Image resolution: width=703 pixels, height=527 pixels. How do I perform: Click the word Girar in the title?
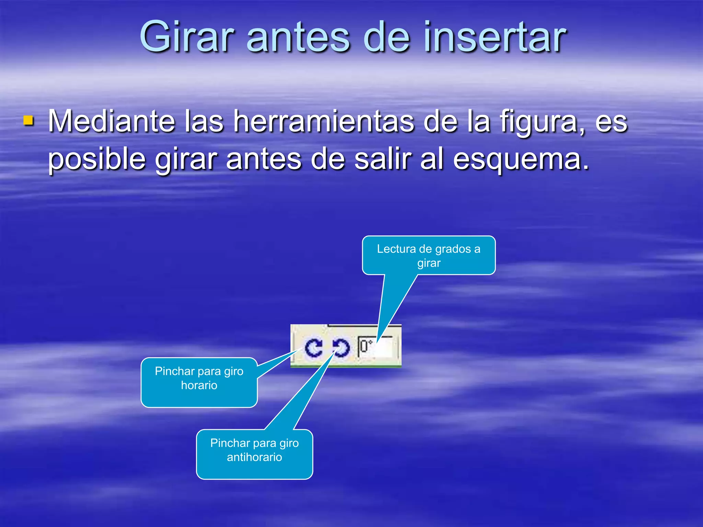(x=187, y=37)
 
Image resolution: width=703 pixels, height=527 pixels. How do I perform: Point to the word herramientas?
(x=324, y=121)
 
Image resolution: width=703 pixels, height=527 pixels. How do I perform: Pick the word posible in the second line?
(x=97, y=160)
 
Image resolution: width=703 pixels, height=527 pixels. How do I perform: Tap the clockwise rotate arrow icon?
(x=314, y=348)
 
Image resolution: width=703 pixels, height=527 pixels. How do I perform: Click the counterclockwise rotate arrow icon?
(x=341, y=348)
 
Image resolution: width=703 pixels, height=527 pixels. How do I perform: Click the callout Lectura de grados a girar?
(x=429, y=256)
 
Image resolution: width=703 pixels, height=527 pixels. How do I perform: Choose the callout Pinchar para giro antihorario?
(x=254, y=454)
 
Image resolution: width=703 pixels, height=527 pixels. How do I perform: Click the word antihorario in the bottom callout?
(x=254, y=457)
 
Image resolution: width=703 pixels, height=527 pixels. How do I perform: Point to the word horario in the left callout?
(x=199, y=386)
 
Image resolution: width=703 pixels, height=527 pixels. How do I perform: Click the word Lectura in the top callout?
(x=396, y=249)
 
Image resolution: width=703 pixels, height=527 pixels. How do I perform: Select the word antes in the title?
(x=298, y=37)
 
